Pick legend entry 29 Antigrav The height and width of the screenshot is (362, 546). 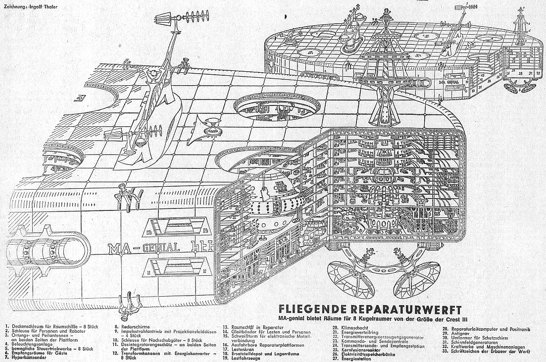tap(454, 333)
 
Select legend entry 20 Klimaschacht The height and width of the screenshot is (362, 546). tap(348, 327)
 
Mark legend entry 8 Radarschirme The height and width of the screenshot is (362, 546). tap(133, 327)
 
